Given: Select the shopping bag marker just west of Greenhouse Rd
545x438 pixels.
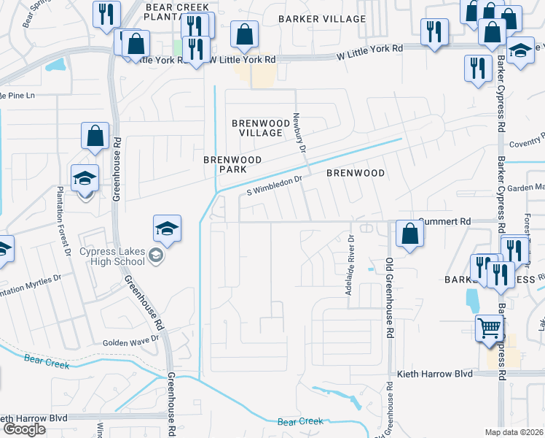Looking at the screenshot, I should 95,136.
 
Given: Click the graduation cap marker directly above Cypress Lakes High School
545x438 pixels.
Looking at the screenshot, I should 167,228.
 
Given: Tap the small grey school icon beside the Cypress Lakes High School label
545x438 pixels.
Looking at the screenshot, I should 154,255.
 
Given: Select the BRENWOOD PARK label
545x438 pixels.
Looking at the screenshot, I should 232,164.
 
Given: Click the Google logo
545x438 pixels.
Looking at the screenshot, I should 24,429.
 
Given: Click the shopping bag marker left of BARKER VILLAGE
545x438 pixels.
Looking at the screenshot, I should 243,34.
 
